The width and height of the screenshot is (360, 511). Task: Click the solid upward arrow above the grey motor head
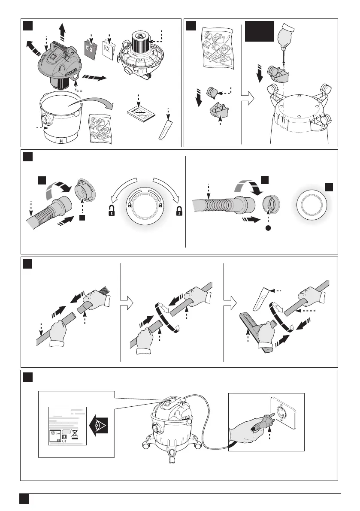pos(63,31)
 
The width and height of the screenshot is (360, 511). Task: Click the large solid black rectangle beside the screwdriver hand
pos(259,30)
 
